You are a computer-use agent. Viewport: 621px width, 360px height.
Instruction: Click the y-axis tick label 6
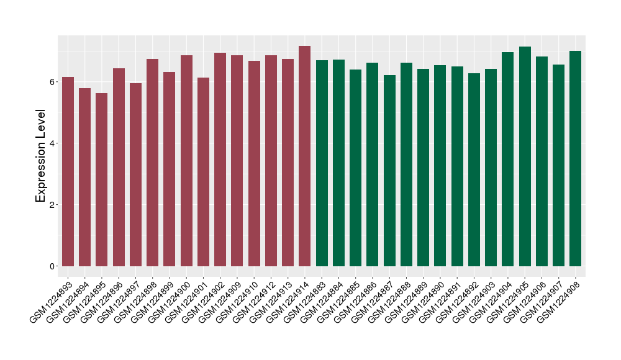(53, 82)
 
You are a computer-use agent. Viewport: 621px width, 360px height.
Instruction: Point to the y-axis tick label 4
(53, 143)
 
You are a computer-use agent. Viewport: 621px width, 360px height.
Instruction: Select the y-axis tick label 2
(53, 205)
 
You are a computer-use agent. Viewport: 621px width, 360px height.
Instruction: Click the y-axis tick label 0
(53, 266)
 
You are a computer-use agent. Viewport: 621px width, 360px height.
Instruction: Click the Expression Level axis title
(41, 156)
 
